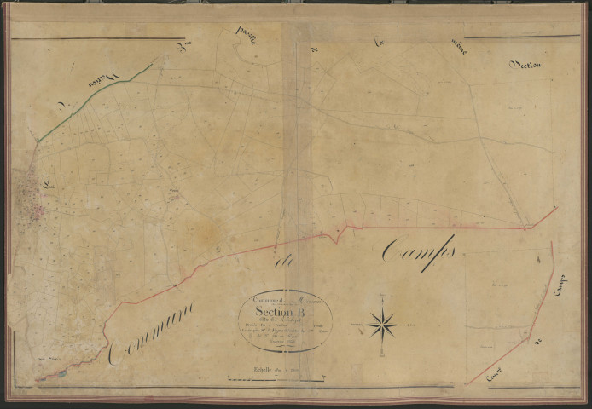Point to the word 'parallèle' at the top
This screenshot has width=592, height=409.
pyautogui.click(x=253, y=39)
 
